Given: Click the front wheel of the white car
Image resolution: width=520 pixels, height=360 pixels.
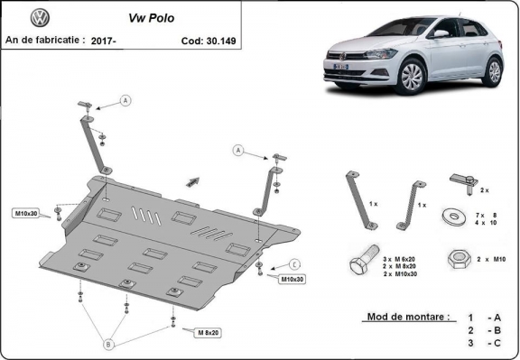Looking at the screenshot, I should tap(411, 78).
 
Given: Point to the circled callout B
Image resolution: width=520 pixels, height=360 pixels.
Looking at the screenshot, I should tap(109, 343).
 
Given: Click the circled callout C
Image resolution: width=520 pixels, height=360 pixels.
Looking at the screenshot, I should tap(295, 263).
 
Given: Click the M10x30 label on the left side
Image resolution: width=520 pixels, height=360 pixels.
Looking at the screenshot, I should tap(26, 213).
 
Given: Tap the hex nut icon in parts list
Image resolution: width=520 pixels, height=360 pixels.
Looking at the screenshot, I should tap(456, 258).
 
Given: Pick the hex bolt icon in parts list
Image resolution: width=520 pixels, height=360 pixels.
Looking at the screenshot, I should tap(361, 264).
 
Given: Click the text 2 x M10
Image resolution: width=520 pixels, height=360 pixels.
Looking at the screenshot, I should tap(490, 259).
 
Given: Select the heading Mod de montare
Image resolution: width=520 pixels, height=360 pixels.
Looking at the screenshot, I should tap(407, 318).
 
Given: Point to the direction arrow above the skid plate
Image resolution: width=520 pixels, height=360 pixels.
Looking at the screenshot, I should tap(191, 180).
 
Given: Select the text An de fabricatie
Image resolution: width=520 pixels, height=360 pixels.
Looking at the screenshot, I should tap(45, 40).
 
